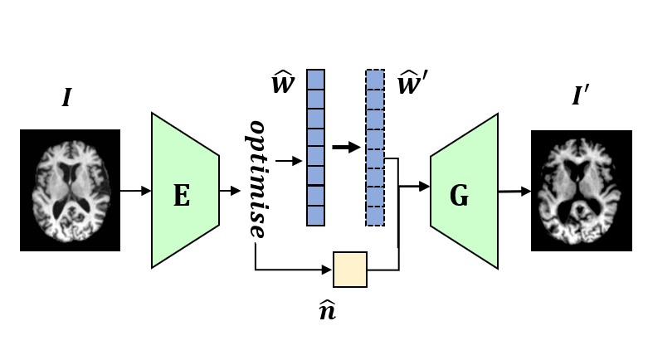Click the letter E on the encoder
point(181,197)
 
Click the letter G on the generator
point(459,197)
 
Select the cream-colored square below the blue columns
point(349,270)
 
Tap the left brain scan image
point(71,191)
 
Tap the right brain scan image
point(578,191)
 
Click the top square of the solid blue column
point(315,79)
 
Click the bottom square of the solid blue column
point(315,216)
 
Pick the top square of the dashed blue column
point(375,79)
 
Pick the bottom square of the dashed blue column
point(375,216)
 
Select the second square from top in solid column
point(315,99)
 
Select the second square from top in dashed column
point(375,99)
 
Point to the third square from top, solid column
point(315,119)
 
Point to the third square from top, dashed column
point(375,119)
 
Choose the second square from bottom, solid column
point(315,196)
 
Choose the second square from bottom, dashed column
point(375,196)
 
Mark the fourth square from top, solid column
point(315,138)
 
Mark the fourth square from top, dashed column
point(375,138)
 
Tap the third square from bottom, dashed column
point(375,177)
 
